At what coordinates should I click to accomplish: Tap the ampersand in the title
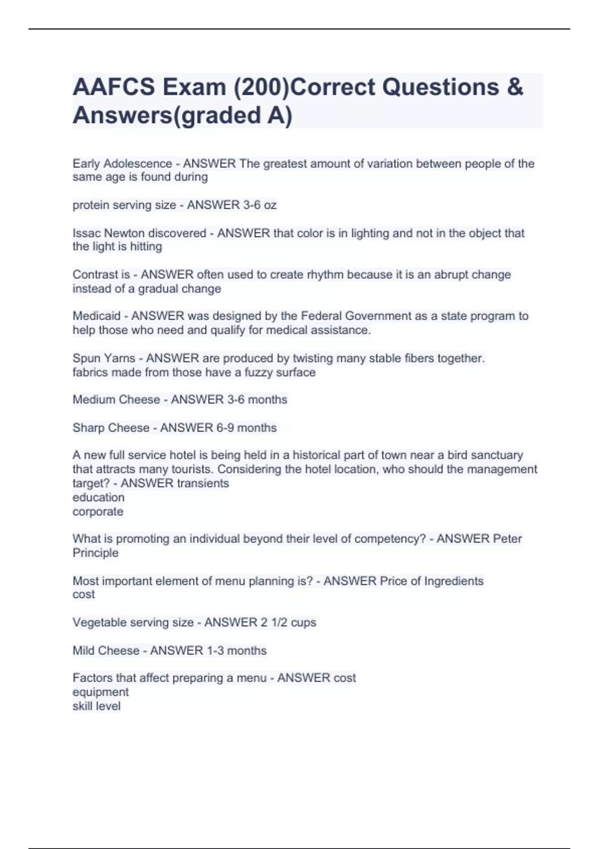[x=515, y=87]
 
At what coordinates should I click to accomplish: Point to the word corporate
[x=98, y=512]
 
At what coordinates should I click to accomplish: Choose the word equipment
[x=100, y=692]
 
